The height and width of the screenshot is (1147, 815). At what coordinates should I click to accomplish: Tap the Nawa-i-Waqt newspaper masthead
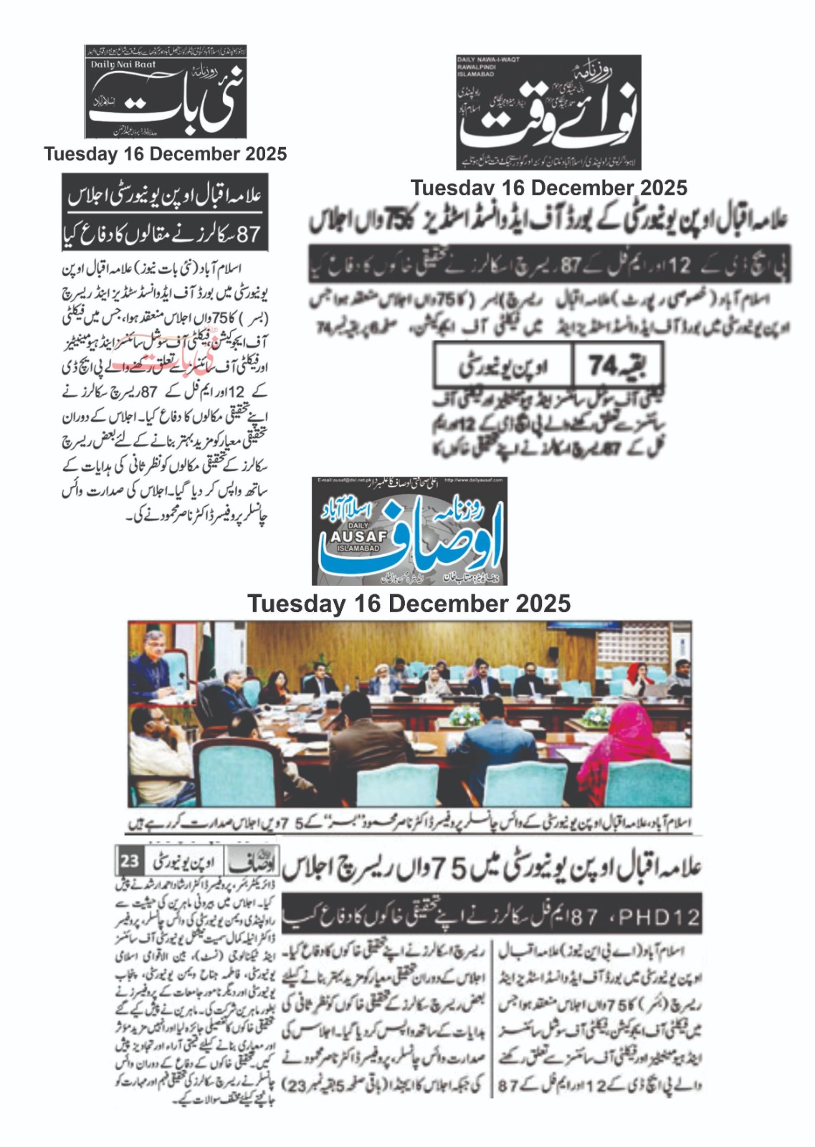548,113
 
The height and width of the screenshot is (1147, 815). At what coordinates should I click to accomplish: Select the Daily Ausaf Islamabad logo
409,531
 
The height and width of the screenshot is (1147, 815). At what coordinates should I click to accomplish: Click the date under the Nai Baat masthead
166,154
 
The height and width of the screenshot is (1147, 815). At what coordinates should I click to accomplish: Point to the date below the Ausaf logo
409,604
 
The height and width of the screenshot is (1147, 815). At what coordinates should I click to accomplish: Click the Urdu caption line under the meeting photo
409,822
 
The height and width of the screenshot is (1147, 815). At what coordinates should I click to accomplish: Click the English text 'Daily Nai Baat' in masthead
123,65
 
